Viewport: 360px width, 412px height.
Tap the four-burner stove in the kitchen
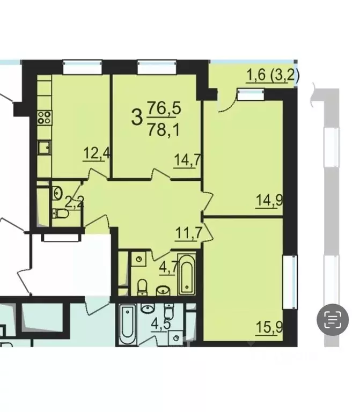pos(44,117)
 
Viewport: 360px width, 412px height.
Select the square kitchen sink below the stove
pos(44,146)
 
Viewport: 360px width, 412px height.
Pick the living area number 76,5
pos(164,109)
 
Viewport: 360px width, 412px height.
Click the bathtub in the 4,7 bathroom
pos(186,275)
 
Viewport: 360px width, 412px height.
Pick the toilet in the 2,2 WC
pos(62,214)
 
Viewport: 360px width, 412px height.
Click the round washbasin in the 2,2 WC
pos(57,192)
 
